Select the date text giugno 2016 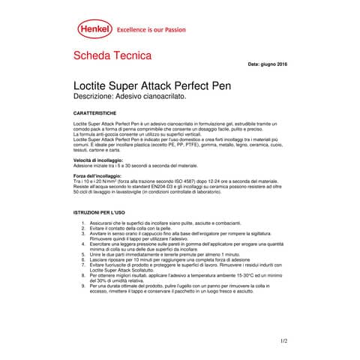pos(273,65)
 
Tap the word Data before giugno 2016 pos(253,65)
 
